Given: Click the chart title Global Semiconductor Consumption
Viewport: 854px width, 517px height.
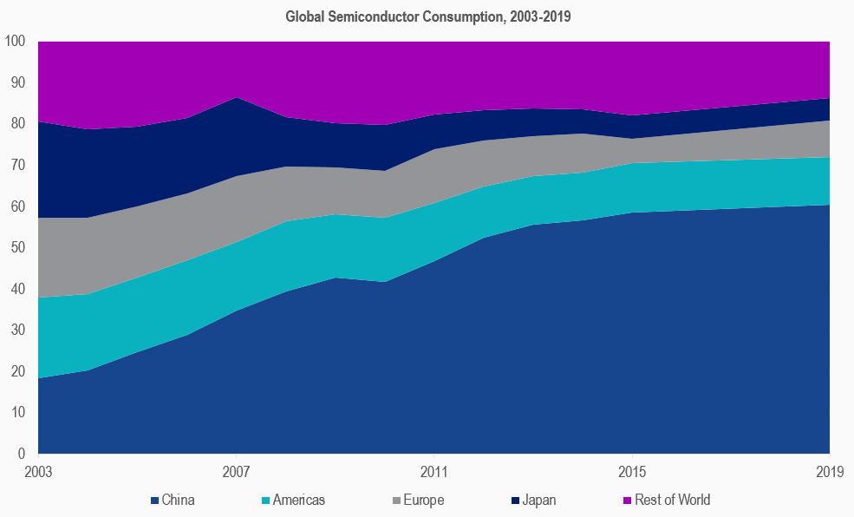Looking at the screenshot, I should [427, 16].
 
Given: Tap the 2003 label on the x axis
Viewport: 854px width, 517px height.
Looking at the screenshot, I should [39, 473].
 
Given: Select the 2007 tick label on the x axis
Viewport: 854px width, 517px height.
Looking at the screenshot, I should [237, 473].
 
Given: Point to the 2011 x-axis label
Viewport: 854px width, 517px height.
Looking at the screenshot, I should [434, 473].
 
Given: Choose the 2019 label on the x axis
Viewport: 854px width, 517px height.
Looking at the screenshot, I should [830, 473].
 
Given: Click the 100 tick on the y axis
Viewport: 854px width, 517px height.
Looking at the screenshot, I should [16, 42].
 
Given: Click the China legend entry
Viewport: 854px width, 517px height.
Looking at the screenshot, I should [178, 500].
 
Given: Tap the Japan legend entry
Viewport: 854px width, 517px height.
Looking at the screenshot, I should [539, 500].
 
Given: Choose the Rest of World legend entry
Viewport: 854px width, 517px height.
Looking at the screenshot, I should [672, 500].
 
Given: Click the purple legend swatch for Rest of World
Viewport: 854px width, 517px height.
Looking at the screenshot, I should [629, 501].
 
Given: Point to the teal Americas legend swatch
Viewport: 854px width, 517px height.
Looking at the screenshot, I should [266, 501].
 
